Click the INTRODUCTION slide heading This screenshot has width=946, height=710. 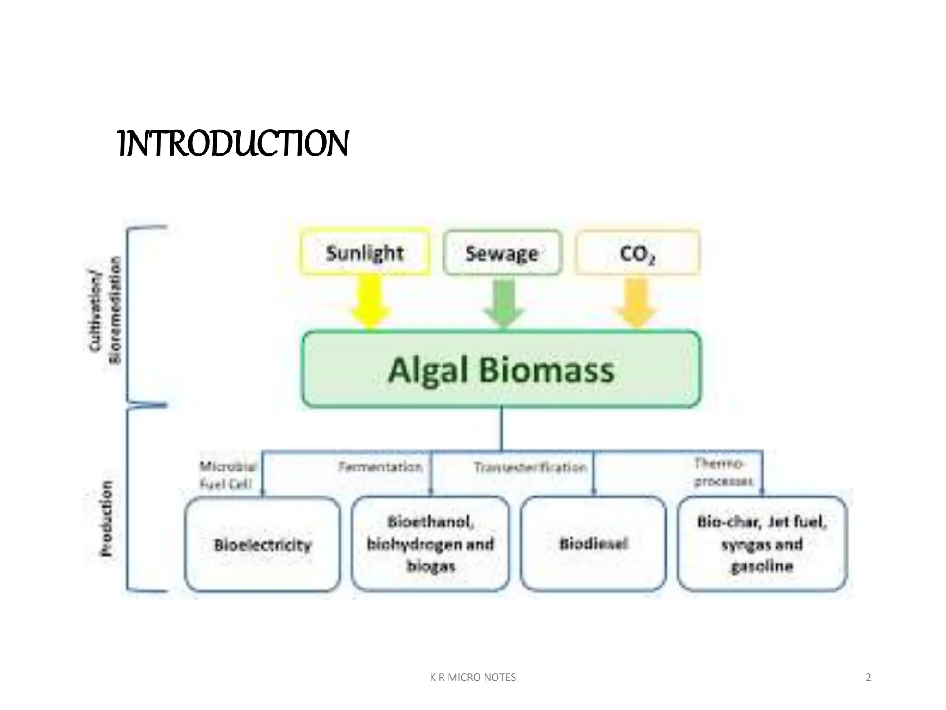click(x=233, y=144)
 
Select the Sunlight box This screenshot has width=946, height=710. click(x=365, y=253)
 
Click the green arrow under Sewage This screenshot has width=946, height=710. click(x=504, y=303)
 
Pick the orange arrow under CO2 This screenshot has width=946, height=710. click(x=637, y=303)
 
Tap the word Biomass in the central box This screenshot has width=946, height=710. click(x=546, y=370)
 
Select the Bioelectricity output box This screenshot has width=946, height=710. click(x=262, y=545)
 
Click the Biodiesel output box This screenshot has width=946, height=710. click(x=594, y=544)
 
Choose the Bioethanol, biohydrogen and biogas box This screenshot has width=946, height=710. click(x=431, y=544)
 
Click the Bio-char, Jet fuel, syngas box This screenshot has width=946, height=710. click(x=762, y=544)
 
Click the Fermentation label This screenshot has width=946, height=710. click(x=380, y=467)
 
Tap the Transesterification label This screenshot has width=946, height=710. click(x=530, y=468)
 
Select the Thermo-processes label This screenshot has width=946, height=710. click(x=723, y=472)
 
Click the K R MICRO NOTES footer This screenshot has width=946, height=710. click(x=473, y=677)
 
